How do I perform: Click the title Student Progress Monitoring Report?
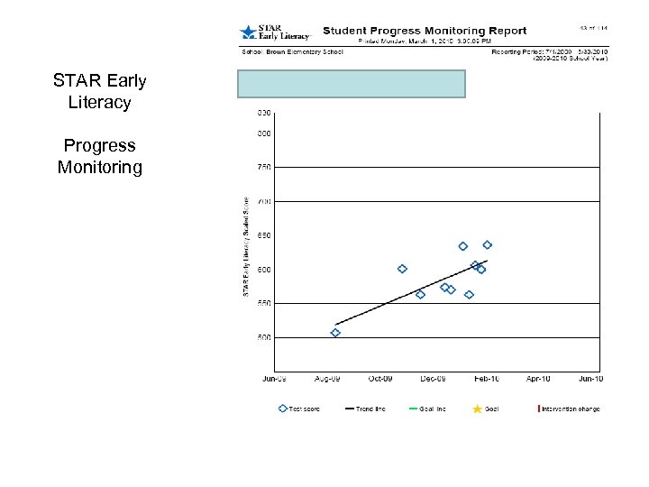pos(424,31)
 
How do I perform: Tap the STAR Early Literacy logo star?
pos(247,32)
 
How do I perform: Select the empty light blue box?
pos(352,84)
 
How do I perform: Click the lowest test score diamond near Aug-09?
pos(335,333)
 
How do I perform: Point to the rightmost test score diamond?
pos(487,245)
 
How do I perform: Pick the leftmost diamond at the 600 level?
pos(402,269)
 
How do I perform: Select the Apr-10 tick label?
pos(539,379)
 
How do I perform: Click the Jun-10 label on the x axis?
pos(590,379)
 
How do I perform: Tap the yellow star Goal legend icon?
pos(477,409)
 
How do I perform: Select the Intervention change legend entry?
pos(570,409)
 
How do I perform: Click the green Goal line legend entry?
pos(427,409)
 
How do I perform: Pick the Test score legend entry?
pos(299,409)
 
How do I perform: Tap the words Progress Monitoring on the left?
pos(99,156)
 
